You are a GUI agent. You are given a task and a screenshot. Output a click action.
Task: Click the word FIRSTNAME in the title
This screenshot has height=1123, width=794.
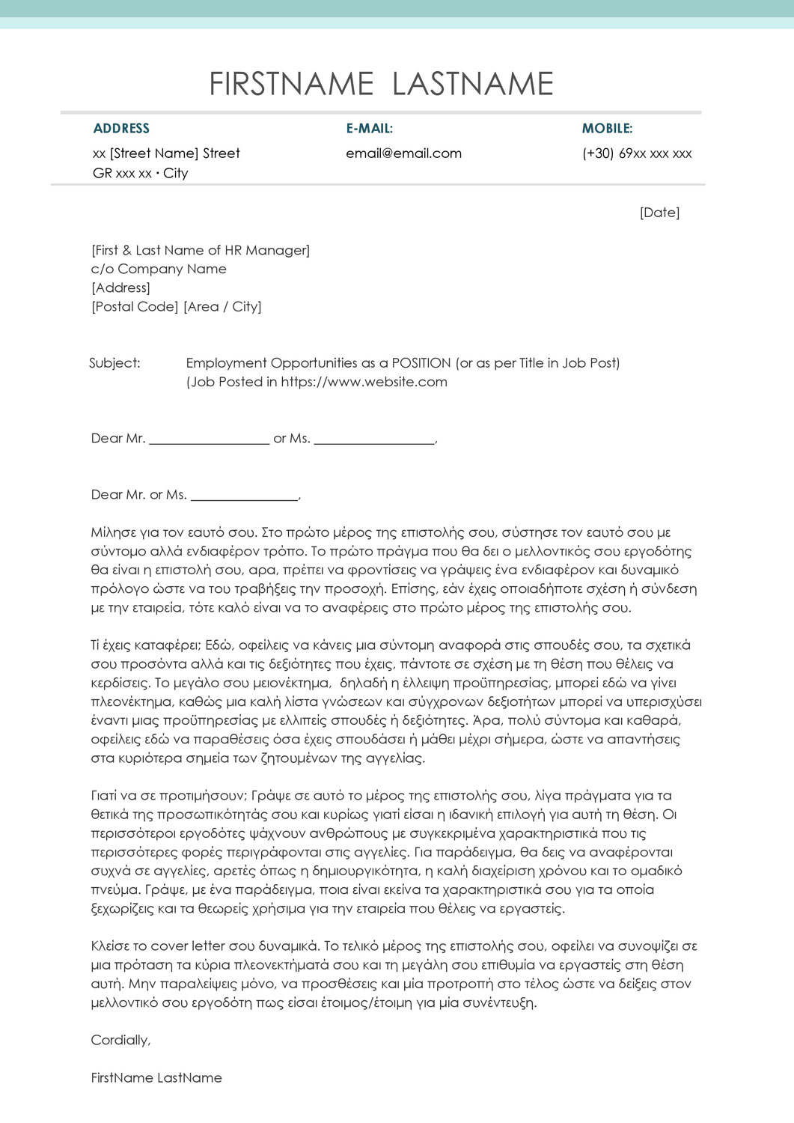coord(291,84)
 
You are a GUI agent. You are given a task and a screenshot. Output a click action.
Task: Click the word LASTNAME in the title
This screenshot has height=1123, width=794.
coord(473,84)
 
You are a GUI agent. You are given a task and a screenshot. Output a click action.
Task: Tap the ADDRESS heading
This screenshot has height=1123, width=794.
coord(121,129)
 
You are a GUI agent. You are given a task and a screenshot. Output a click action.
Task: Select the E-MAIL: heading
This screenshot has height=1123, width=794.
coord(369,129)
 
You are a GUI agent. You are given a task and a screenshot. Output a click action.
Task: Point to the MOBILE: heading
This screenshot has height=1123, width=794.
coord(607,129)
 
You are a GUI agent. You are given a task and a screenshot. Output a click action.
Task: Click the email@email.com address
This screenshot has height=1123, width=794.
coord(403,153)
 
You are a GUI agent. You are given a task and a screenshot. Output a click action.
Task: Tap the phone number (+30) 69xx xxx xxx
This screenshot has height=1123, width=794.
coord(637,153)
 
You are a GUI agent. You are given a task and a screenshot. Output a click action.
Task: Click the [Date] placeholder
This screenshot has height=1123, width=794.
coord(659,213)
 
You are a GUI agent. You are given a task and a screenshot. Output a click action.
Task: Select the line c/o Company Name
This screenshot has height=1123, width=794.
coord(159,269)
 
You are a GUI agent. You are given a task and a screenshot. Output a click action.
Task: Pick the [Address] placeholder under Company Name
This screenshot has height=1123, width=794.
coord(120,287)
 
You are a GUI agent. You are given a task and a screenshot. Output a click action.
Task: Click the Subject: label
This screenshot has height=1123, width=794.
coord(114,363)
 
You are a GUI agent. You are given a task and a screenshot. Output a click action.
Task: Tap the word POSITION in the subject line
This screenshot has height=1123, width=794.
coord(421,363)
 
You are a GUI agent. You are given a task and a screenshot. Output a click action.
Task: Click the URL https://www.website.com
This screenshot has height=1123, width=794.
coord(364,382)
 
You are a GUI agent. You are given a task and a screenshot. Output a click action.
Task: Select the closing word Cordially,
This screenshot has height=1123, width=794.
coord(120,1040)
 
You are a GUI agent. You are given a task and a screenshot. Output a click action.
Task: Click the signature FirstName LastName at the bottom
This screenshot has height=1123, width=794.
coord(156,1078)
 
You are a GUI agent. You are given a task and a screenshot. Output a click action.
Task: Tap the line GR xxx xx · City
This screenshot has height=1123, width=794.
coord(140,173)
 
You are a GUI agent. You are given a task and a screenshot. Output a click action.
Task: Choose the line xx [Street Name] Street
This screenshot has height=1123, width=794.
coord(166,153)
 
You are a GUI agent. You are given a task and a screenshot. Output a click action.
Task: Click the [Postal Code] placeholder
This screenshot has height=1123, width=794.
coord(135,306)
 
